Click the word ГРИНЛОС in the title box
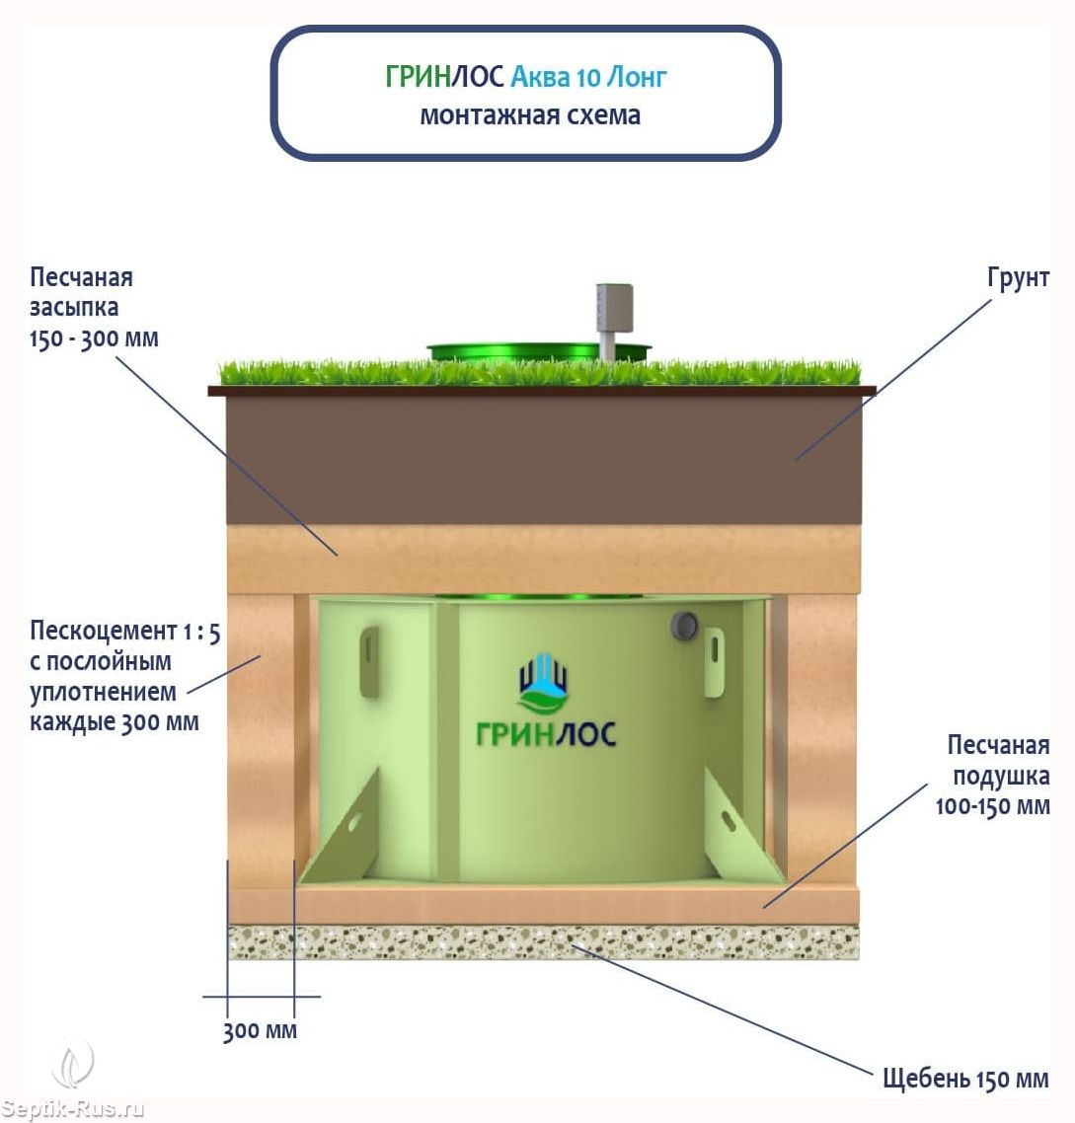pos(444,76)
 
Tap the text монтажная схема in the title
pos(530,114)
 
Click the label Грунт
pos(1018,278)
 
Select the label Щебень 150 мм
pos(964,1078)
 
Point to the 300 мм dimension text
pos(260,1031)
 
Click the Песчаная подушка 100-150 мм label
pos(993,775)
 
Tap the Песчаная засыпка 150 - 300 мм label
pos(93,307)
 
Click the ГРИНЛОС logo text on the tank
pos(545,733)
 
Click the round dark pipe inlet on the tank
pos(683,625)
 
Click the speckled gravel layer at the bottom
pos(543,943)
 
